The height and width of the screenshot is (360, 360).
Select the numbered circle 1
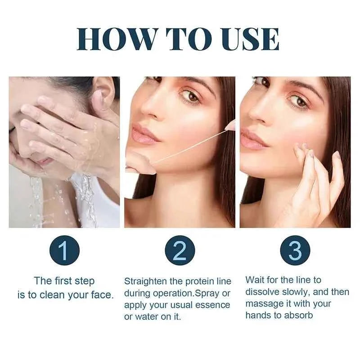tap(64, 251)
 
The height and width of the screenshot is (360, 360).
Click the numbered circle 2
tap(180, 251)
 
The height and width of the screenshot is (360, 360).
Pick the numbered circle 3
tap(295, 251)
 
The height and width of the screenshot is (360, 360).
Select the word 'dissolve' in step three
tap(264, 292)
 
